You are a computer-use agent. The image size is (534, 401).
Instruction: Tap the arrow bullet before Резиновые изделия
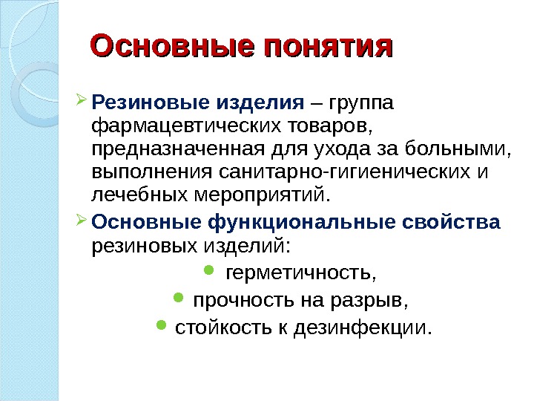(81, 98)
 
